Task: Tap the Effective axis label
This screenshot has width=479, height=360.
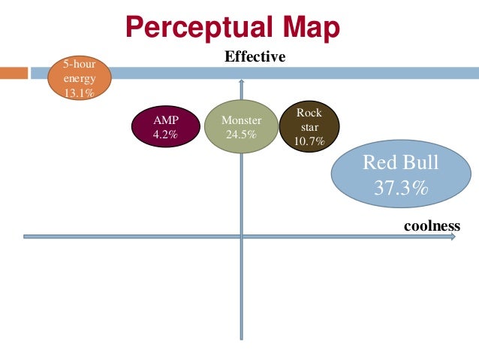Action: [255, 57]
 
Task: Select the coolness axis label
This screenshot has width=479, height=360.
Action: [431, 225]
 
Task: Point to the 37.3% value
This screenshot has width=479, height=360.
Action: [401, 187]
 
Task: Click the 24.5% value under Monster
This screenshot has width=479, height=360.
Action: [241, 135]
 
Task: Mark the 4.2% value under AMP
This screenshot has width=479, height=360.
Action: [165, 135]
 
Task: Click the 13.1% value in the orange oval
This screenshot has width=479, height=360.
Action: [79, 94]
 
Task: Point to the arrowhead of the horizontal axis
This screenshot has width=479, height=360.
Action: [453, 237]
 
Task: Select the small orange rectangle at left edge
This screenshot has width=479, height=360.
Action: [12, 73]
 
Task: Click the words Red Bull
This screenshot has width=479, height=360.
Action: [400, 163]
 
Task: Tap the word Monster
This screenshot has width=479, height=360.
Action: [241, 120]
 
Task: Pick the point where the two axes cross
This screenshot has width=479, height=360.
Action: [241, 237]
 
